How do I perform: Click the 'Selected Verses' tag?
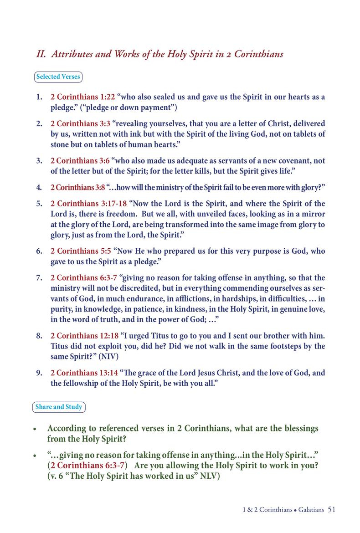pyautogui.click(x=58, y=77)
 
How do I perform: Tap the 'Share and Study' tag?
pyautogui.click(x=59, y=407)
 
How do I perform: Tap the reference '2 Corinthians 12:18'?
pyautogui.click(x=84, y=336)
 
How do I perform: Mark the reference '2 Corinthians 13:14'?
pyautogui.click(x=84, y=373)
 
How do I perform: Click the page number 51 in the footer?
pyautogui.click(x=331, y=509)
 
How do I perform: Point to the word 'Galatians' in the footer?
pyautogui.click(x=312, y=510)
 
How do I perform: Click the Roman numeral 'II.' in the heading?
pyautogui.click(x=42, y=54)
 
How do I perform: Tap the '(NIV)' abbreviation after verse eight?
pyautogui.click(x=108, y=356)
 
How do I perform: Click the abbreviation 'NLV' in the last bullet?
pyautogui.click(x=210, y=477)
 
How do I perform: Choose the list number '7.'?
pyautogui.click(x=39, y=278)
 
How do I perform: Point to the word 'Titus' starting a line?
pyautogui.click(x=60, y=346)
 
